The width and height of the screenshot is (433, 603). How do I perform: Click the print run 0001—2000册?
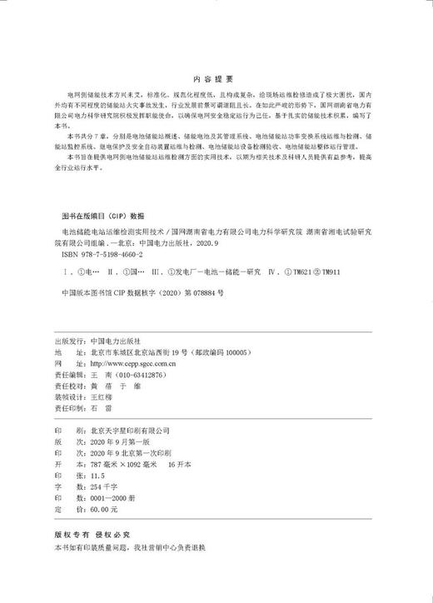click(113, 502)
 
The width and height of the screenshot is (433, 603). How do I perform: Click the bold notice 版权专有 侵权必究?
click(91, 538)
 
